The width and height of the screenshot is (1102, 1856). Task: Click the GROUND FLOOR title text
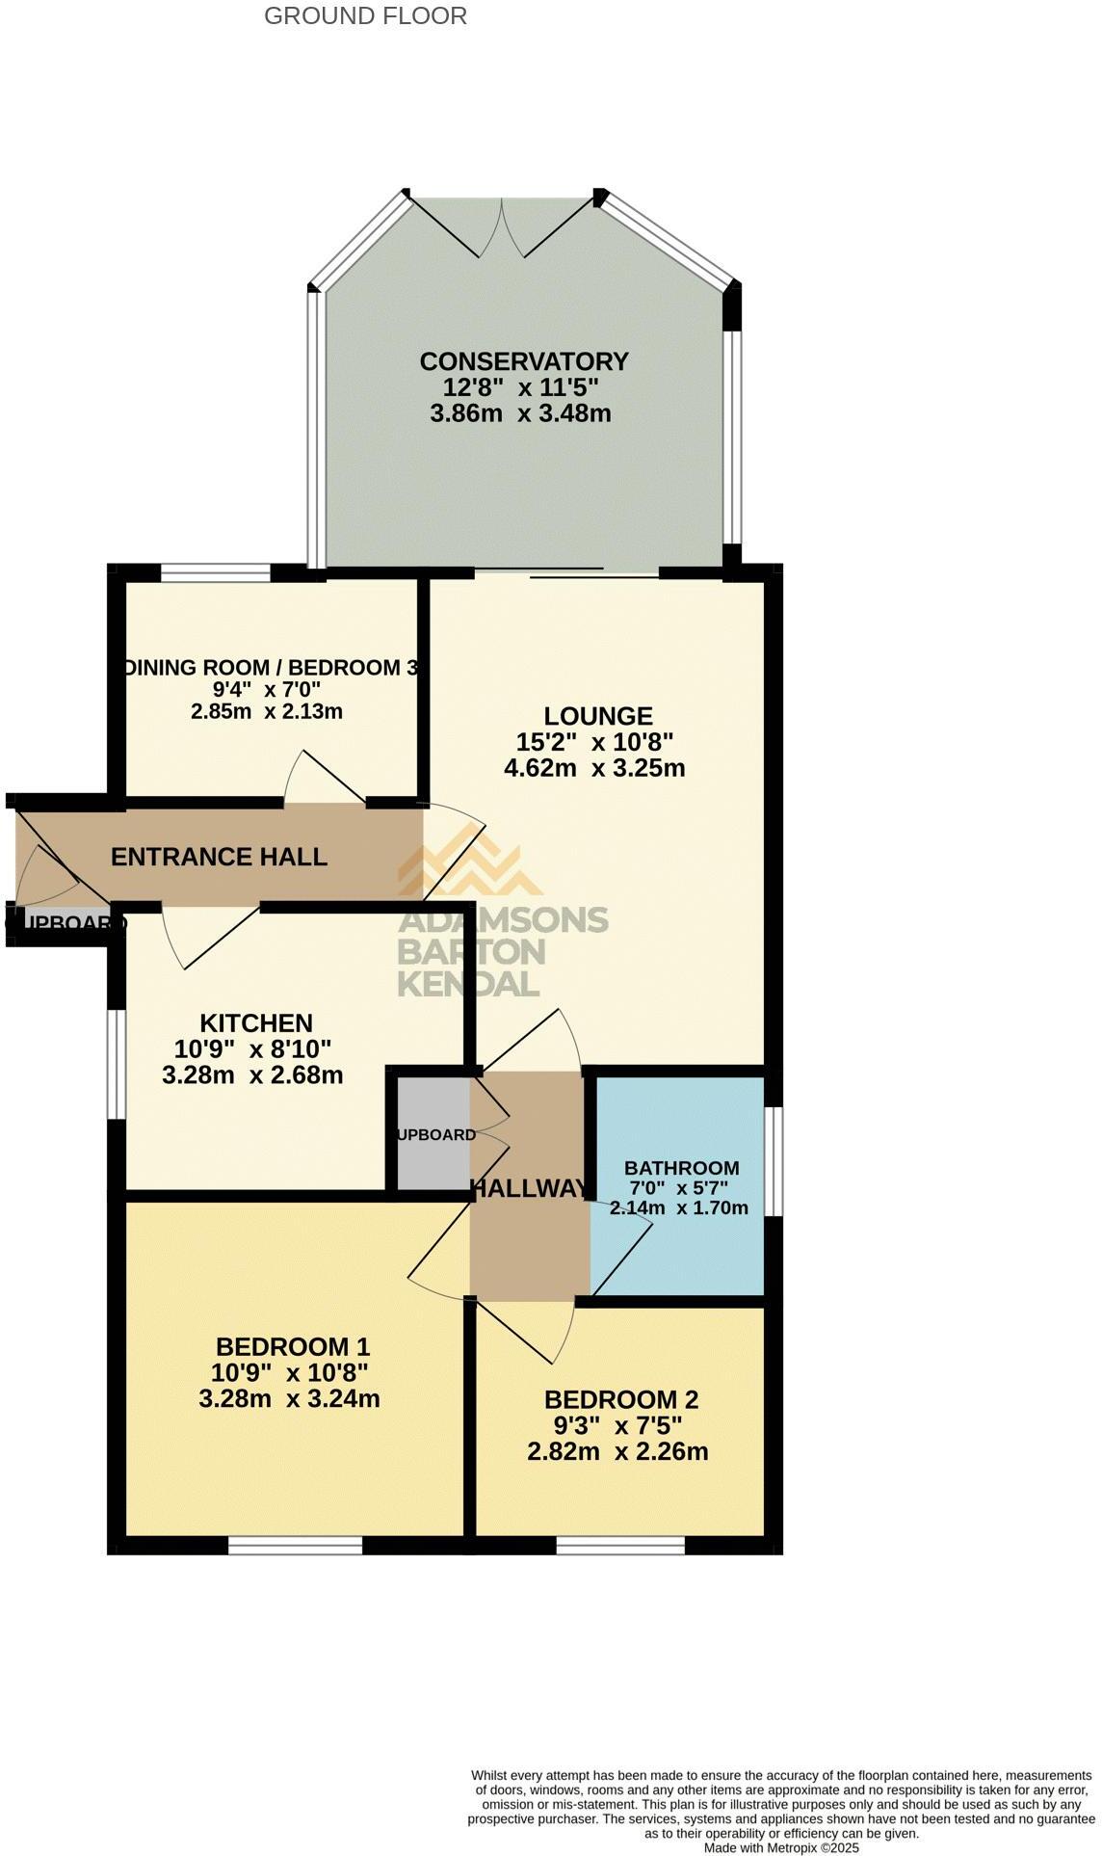365,15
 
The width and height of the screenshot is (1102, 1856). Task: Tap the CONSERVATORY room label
524,361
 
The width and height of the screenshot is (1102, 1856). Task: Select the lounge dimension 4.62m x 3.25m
594,768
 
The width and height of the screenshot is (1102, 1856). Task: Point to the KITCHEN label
256,1022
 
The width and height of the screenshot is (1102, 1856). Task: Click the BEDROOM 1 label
293,1346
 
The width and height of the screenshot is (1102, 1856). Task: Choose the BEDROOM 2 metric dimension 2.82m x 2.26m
617,1451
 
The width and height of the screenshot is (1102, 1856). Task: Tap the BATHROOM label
681,1168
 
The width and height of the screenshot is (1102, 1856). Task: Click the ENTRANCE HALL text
219,857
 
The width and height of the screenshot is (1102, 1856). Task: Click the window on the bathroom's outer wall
774,1160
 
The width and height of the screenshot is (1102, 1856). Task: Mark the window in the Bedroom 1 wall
295,1545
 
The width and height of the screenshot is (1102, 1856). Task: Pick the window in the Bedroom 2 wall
620,1545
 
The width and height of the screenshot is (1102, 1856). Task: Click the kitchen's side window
116,1064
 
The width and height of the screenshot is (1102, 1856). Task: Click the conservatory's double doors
502,227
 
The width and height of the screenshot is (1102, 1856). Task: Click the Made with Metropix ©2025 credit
781,1847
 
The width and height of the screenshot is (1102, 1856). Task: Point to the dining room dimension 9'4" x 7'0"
267,690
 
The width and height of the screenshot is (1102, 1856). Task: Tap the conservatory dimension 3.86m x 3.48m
520,413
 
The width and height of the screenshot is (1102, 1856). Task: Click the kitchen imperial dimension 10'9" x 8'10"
252,1048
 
